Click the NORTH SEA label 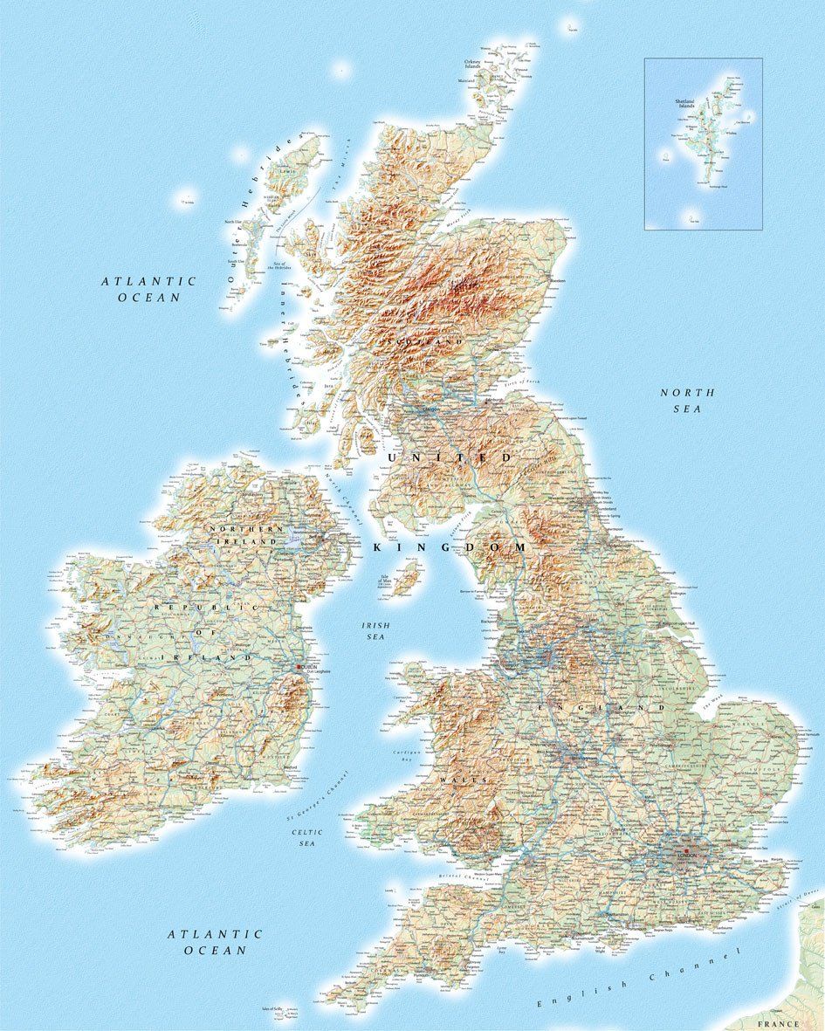coord(687,401)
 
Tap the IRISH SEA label coord(375,631)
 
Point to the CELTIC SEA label coord(307,838)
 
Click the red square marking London coord(687,851)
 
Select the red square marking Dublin coord(299,668)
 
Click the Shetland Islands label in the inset coord(684,104)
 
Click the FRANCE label coord(778,1023)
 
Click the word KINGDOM coord(450,546)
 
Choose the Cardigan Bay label coord(406,755)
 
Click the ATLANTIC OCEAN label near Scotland coord(148,289)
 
